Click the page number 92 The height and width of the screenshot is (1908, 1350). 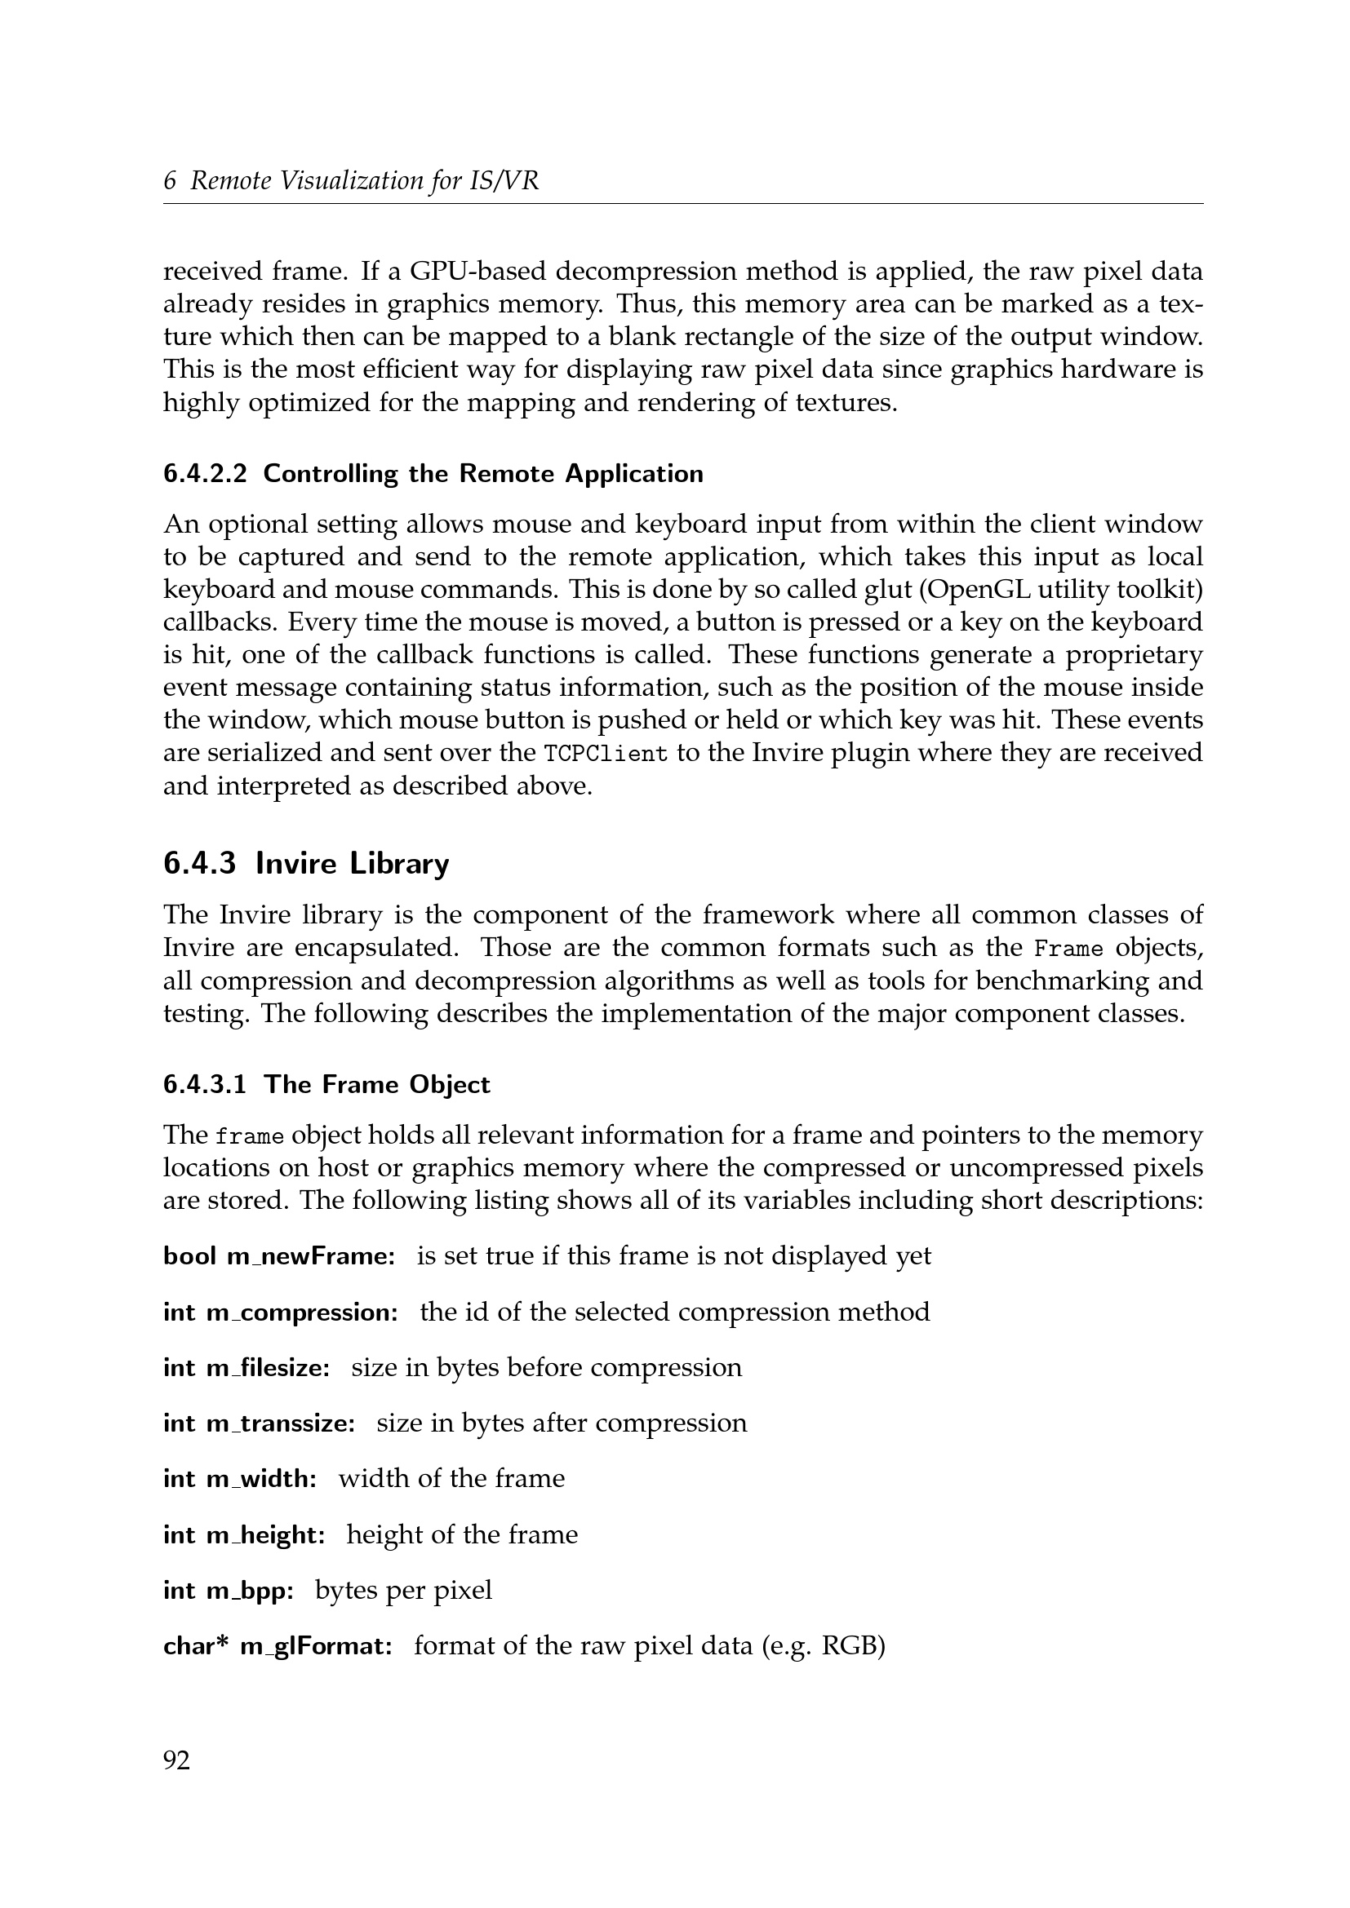tap(176, 1760)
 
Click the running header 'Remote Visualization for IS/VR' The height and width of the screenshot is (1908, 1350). tap(364, 180)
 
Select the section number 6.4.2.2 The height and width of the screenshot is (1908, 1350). tap(205, 474)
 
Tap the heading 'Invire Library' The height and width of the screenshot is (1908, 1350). tap(352, 863)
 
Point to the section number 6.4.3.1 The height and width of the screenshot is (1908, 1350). tap(205, 1084)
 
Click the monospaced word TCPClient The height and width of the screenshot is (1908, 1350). tap(605, 754)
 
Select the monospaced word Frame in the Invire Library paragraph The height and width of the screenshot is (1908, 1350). tap(1068, 948)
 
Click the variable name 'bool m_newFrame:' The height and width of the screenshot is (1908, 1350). tap(279, 1256)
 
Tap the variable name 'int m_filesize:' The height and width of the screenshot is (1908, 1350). tap(246, 1368)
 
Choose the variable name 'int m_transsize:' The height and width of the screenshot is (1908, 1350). tap(260, 1423)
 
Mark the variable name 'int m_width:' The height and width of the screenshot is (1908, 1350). tap(239, 1479)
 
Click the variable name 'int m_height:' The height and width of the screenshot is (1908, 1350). tap(243, 1535)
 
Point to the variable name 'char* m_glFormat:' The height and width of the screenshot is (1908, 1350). tap(278, 1646)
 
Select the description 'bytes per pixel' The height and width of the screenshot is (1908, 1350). tap(403, 1591)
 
